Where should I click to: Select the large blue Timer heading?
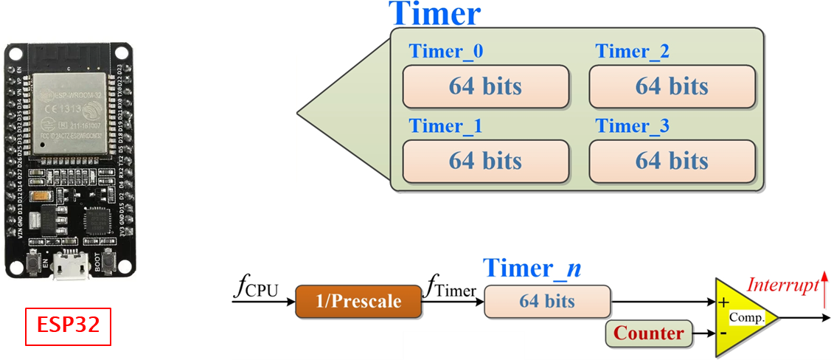click(x=434, y=14)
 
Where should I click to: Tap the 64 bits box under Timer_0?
click(x=485, y=86)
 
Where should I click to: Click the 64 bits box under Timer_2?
click(x=672, y=86)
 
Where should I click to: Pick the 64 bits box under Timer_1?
click(x=485, y=160)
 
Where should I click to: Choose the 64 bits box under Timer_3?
click(x=672, y=160)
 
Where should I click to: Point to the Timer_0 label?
click(x=446, y=52)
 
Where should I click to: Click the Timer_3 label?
click(x=633, y=126)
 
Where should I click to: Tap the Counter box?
click(x=649, y=333)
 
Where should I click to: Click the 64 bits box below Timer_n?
click(x=547, y=302)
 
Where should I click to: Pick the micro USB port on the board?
click(x=70, y=267)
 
